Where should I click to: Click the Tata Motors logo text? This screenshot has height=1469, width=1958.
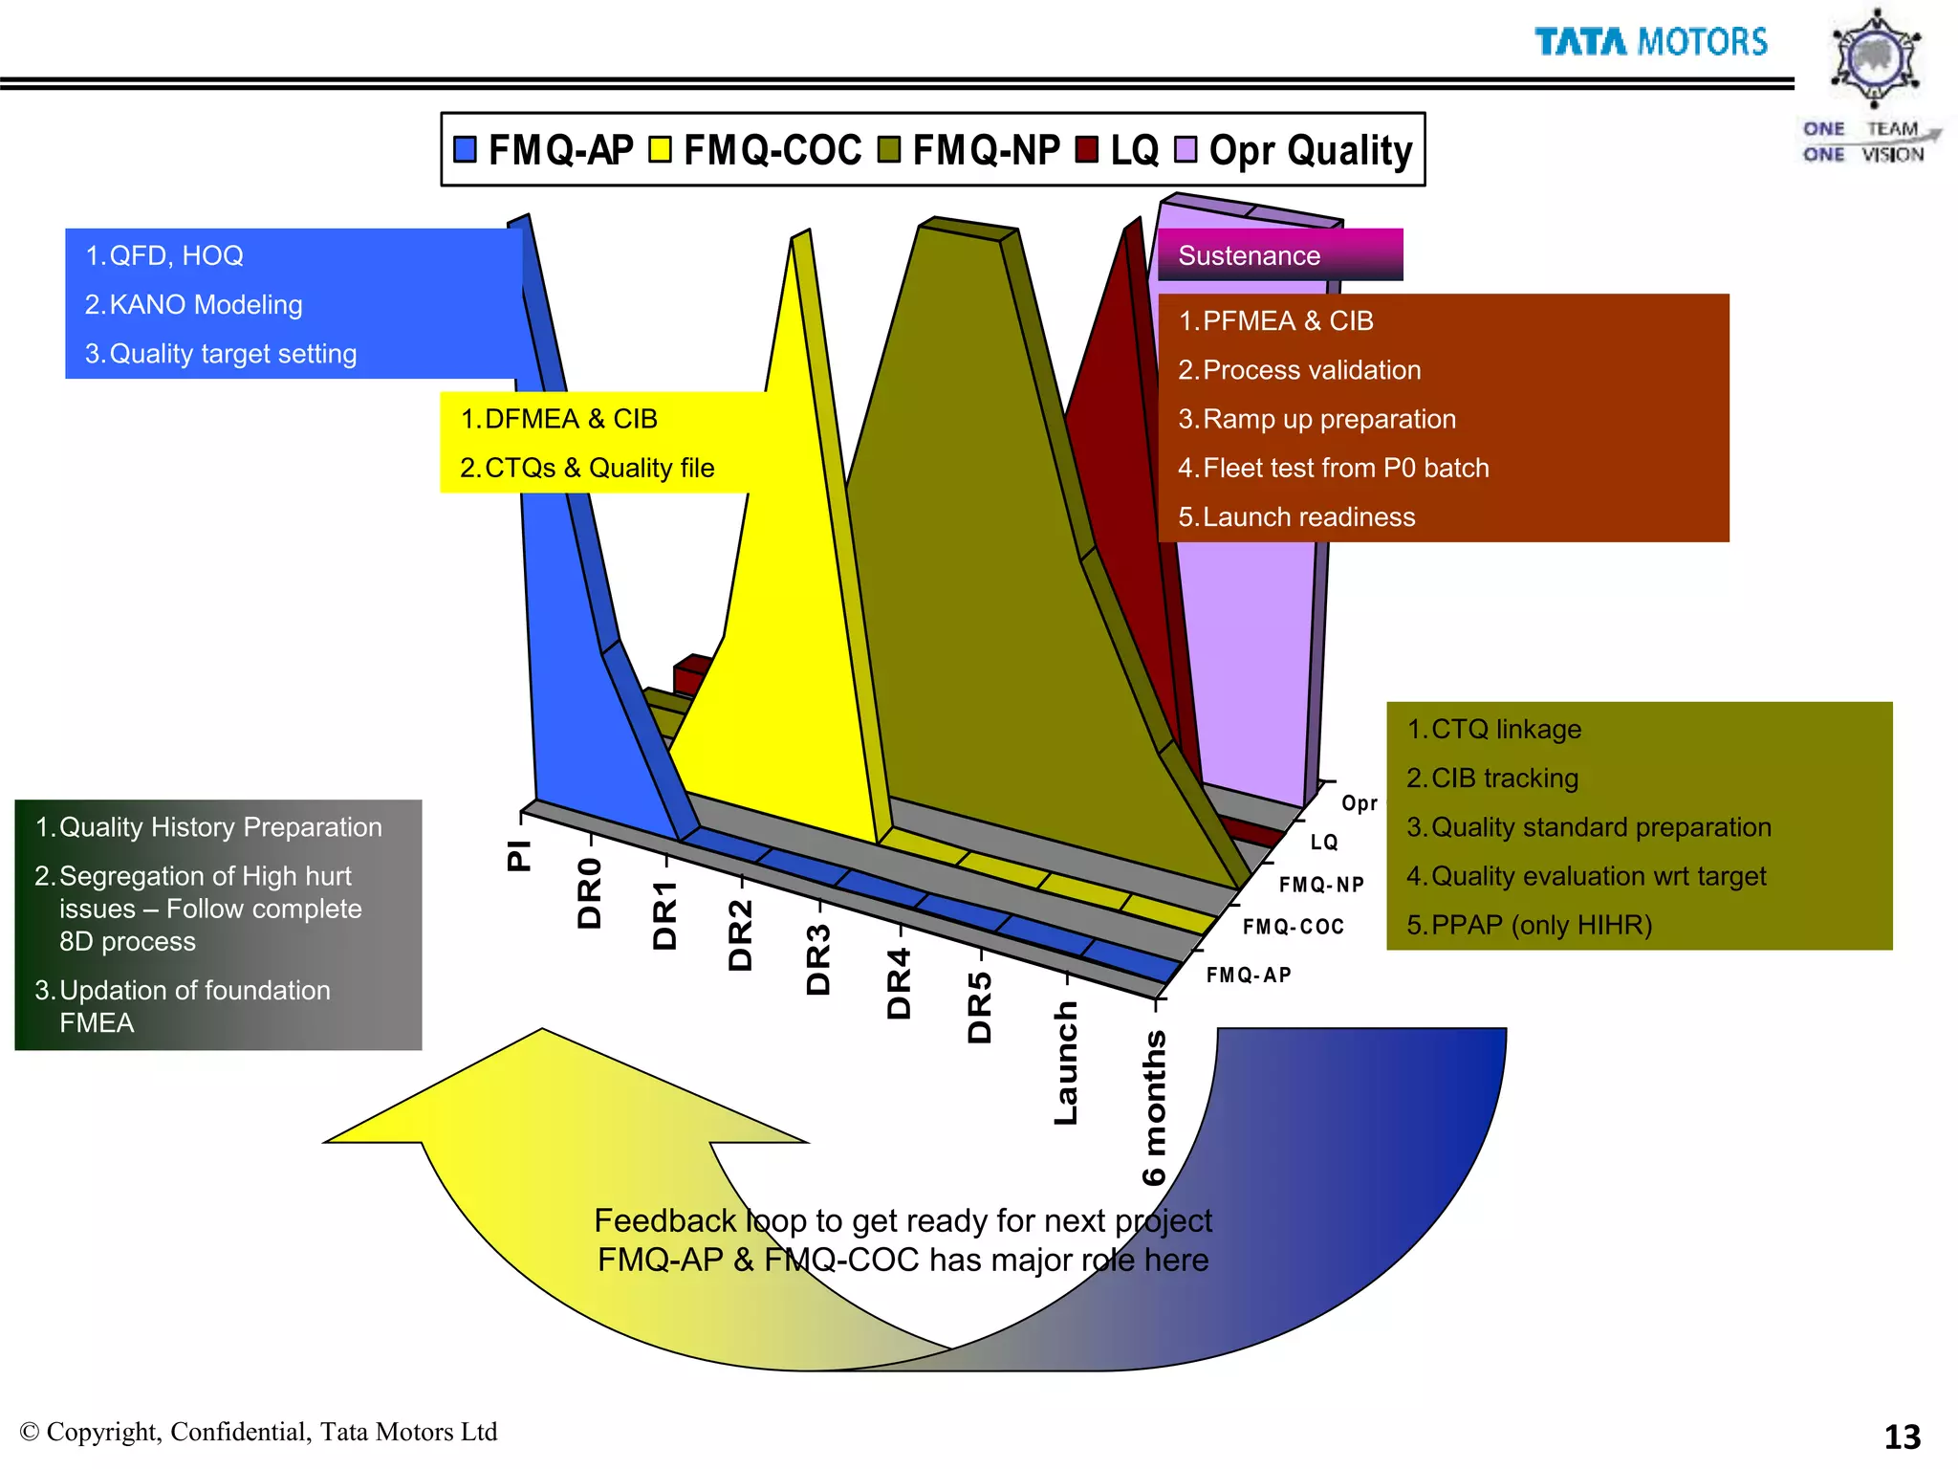(1651, 42)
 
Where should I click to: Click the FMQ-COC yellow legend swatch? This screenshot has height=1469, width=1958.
(660, 150)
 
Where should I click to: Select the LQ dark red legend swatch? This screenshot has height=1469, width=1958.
(1086, 150)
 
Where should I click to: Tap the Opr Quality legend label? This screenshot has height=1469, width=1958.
(1310, 151)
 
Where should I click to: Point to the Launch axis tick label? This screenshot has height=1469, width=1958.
(1066, 1063)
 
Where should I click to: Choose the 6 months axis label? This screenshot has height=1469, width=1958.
(1155, 1107)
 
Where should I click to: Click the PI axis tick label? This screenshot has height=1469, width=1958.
(518, 854)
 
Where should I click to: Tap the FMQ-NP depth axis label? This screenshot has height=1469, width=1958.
(1321, 885)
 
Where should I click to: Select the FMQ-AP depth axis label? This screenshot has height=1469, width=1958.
(1249, 975)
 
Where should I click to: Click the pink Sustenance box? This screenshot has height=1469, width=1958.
(1279, 255)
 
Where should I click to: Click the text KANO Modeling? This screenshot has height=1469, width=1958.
(206, 305)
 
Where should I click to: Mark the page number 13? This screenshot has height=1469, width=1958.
(1902, 1436)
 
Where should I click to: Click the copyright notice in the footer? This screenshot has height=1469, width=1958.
(258, 1432)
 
